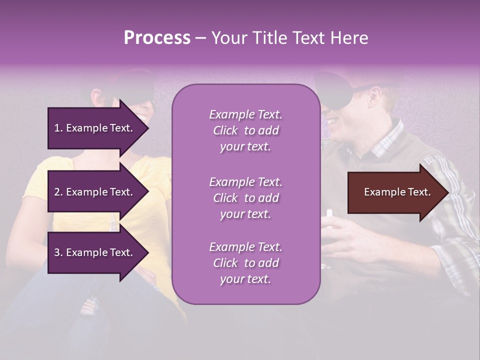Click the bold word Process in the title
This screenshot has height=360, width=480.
[x=157, y=38]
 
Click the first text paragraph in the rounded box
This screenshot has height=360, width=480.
[x=245, y=130]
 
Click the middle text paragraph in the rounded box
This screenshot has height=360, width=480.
[x=245, y=198]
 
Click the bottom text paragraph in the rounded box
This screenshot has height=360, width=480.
[x=245, y=263]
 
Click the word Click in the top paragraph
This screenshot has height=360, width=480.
[x=225, y=130]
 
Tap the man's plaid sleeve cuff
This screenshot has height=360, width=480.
[x=452, y=255]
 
